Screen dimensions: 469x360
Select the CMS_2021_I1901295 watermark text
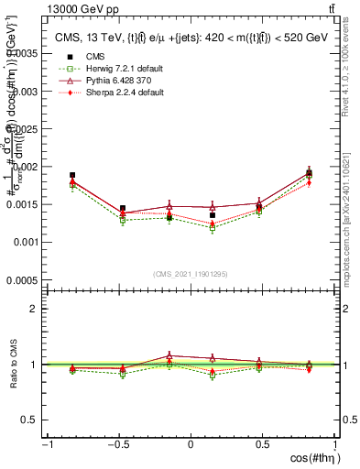click(x=191, y=274)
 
